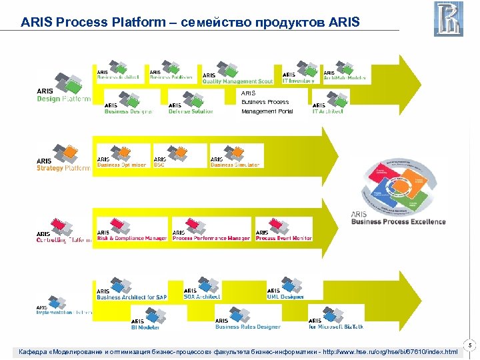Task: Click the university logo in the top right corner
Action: pos(449,19)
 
